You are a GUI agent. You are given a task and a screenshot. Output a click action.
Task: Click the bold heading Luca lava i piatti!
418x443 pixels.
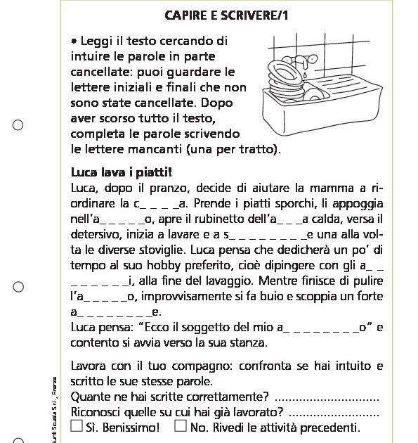point(122,172)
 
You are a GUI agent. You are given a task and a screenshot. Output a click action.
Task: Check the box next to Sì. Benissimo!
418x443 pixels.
point(77,426)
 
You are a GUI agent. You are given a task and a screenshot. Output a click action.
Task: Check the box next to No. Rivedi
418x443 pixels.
point(181,426)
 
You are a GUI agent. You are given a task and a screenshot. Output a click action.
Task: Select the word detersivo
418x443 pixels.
point(98,235)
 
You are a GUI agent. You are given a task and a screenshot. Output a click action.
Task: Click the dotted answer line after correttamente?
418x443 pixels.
point(328,397)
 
